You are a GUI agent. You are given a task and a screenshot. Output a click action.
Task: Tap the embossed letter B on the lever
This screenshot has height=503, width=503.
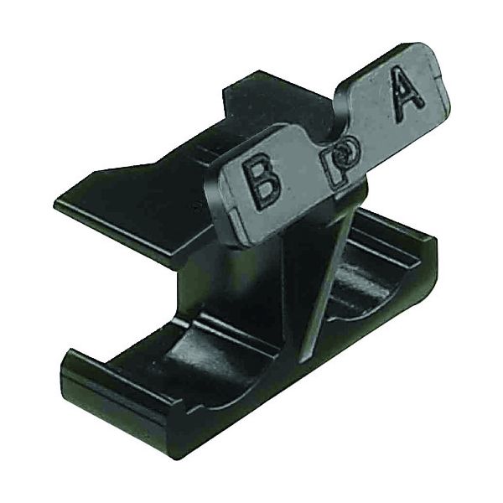point(261,183)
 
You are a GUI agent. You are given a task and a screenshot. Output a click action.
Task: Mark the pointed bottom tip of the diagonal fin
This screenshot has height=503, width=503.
point(302,362)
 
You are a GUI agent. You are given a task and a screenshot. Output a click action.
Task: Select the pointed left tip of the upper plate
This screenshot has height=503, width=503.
point(54,204)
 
